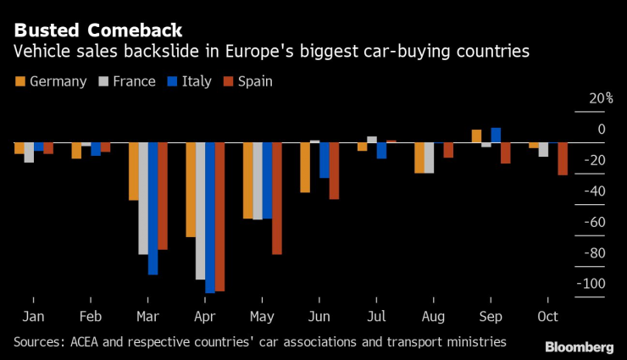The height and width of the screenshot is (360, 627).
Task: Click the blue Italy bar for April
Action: tap(209, 218)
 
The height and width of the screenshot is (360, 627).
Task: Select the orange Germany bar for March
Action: tap(134, 171)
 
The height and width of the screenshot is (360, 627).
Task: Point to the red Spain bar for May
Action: tap(276, 198)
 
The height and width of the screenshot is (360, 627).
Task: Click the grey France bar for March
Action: tap(143, 198)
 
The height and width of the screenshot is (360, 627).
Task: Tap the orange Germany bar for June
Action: tap(305, 167)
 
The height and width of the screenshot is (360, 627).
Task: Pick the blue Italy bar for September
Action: tap(496, 135)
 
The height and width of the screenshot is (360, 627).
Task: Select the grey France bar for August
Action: tap(429, 158)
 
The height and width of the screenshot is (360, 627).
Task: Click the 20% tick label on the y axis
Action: tap(601, 98)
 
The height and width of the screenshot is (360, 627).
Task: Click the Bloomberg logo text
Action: tap(579, 346)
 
